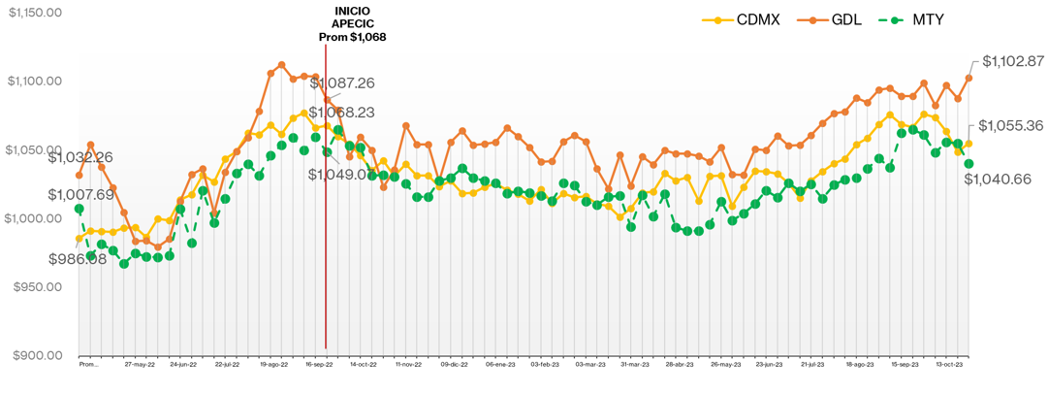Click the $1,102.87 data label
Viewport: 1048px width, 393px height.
pos(1013,60)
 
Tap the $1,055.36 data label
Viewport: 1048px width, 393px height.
pos(1009,125)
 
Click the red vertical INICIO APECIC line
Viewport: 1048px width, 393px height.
pos(326,243)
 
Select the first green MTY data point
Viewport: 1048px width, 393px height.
pos(79,209)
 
